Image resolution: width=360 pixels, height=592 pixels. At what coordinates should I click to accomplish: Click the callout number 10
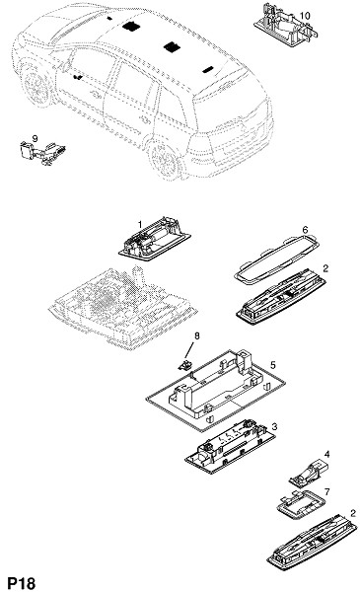pos(305,16)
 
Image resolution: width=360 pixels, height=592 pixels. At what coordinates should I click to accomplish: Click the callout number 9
pos(36,138)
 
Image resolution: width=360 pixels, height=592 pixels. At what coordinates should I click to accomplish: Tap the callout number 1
pos(140,225)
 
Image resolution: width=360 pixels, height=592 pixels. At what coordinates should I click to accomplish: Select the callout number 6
pos(305,230)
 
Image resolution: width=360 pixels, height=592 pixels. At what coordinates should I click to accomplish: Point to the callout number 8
pos(196,335)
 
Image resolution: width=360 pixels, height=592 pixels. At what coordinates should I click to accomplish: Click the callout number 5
pos(273,365)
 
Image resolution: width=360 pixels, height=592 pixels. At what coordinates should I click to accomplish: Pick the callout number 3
pos(274,426)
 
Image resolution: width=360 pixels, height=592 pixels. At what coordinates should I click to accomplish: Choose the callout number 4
pos(326,454)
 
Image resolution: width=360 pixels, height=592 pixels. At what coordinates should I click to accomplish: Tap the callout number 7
pos(326,491)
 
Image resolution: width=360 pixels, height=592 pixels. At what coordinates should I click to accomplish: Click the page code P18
pos(22,583)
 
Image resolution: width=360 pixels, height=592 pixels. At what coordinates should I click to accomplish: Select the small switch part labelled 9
pos(42,153)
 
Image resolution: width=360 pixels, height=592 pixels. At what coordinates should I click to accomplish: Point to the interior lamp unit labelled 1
pos(154,239)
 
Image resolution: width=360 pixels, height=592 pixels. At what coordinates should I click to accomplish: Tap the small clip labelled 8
pos(184,365)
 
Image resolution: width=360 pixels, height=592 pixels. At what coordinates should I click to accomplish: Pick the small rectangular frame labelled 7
pos(302,504)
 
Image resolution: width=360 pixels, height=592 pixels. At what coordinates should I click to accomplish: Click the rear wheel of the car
pos(165,159)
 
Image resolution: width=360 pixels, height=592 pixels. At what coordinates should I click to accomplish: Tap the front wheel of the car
pos(36,85)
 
